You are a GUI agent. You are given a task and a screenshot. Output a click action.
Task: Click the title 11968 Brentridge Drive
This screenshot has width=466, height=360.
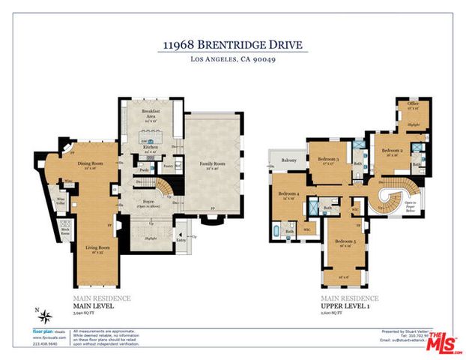tap(233, 45)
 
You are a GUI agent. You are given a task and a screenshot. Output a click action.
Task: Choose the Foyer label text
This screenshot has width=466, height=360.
tap(148, 202)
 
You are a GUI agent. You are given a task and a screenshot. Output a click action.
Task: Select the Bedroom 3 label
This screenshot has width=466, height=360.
tap(328, 160)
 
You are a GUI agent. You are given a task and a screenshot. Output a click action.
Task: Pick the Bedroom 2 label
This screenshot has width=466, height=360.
tap(392, 151)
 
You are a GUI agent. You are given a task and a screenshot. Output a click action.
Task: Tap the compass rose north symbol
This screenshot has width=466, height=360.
tap(46, 314)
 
